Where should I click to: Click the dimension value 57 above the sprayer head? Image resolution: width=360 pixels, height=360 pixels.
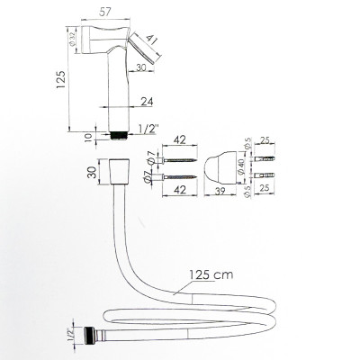(105, 12)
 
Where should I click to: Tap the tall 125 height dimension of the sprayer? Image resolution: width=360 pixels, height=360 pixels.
(61, 79)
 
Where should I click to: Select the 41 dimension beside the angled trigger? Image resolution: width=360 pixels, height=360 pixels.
(152, 40)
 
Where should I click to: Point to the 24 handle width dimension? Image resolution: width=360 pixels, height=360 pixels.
(147, 102)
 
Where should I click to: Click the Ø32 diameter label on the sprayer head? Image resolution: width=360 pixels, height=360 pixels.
(72, 40)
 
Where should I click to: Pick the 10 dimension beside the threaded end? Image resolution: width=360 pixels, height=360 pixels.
(88, 138)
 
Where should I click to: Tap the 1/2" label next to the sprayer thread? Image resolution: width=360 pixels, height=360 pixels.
(148, 129)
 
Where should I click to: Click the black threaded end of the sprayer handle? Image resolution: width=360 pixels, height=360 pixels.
(119, 135)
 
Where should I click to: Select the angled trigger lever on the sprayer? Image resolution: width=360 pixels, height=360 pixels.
(143, 48)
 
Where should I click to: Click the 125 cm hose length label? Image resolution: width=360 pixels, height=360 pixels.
(211, 274)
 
